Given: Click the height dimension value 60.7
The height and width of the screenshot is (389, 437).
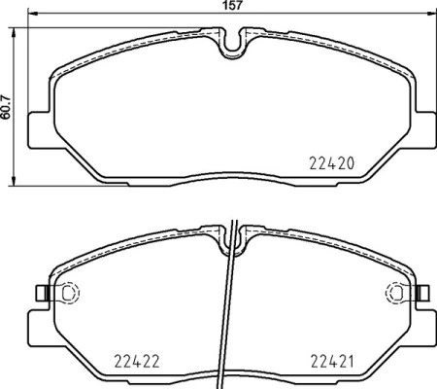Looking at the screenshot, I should [7, 101].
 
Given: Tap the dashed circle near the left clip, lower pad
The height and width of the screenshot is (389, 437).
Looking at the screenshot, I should [69, 293].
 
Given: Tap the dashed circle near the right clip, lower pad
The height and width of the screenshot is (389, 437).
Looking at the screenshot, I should [397, 293].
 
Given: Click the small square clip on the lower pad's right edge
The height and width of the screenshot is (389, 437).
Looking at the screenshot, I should [425, 293].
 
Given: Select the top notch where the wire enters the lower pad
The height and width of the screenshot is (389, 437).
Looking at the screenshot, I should [234, 233].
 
